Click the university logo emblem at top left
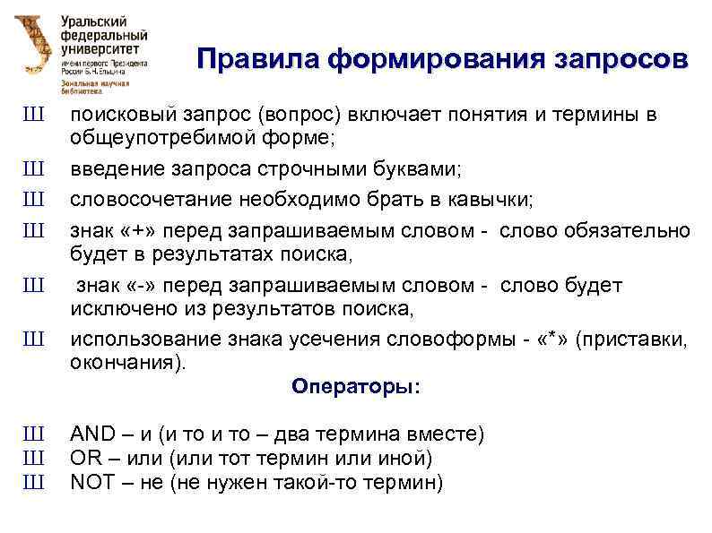tap(33, 47)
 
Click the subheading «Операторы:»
tap(355, 387)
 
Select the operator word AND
tap(92, 434)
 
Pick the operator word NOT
tap(92, 483)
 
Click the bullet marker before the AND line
tap(33, 434)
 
